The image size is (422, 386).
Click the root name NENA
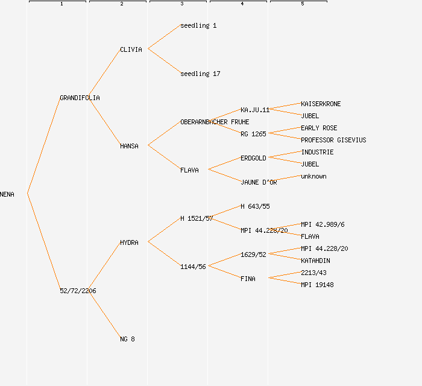[7, 194]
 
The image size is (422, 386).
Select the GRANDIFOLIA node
[80, 98]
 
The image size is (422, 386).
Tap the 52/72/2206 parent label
[78, 291]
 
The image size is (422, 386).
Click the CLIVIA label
[131, 49]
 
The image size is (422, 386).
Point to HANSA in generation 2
[129, 146]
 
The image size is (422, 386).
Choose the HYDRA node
[129, 242]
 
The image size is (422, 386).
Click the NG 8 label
[127, 339]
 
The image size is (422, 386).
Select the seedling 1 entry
[198, 25]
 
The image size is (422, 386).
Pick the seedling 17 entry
[200, 74]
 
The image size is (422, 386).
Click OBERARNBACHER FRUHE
[215, 122]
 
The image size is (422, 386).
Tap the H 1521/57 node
[197, 218]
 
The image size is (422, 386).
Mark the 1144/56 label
[193, 267]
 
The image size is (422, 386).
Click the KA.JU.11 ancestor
[255, 110]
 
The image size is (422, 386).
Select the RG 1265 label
[253, 134]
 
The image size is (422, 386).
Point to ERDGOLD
[253, 158]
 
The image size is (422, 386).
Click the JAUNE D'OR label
[259, 182]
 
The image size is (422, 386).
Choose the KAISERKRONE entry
[321, 104]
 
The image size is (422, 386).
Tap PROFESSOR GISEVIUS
[333, 140]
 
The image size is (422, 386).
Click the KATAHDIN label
[315, 261]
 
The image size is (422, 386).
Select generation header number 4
[242, 4]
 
